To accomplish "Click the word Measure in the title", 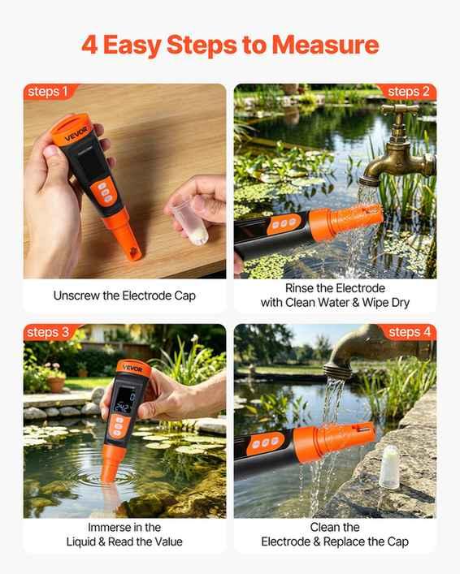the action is (325, 45).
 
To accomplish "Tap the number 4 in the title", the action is (89, 45).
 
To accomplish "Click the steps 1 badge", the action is (48, 92).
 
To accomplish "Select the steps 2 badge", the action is (408, 92).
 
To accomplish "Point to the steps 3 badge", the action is (48, 332).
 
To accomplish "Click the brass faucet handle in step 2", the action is (400, 108).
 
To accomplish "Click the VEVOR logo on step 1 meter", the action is (76, 134).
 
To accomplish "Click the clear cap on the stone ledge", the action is (389, 467).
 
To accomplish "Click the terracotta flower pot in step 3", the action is (56, 384).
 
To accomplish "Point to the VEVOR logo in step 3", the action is (132, 369).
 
